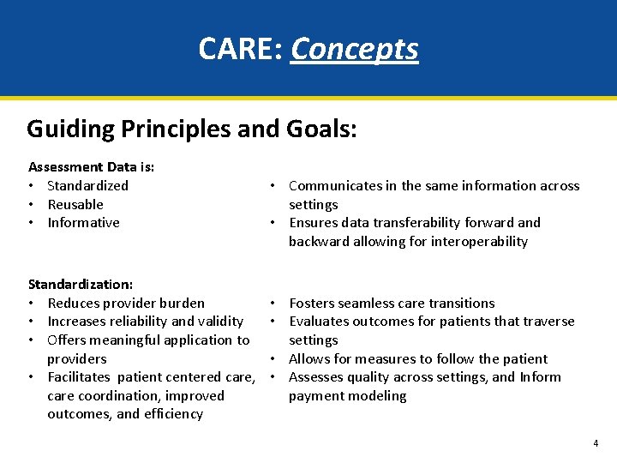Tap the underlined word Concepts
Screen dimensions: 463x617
click(355, 50)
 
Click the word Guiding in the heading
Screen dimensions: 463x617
click(70, 129)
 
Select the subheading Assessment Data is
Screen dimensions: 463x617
click(91, 166)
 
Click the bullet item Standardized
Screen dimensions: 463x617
click(87, 185)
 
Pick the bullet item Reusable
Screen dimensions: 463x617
click(75, 204)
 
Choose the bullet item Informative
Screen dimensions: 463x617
click(83, 222)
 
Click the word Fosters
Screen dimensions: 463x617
click(314, 303)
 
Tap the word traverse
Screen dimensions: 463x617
click(547, 321)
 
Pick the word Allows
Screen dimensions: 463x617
click(309, 358)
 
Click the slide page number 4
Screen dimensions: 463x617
click(596, 443)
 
